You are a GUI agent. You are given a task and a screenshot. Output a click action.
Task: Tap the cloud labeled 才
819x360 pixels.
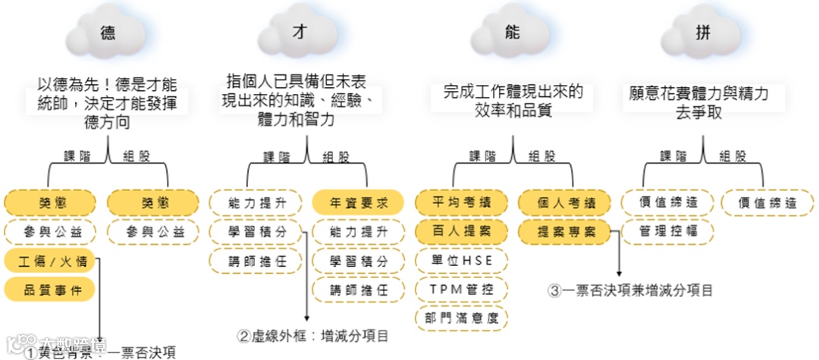click(299, 32)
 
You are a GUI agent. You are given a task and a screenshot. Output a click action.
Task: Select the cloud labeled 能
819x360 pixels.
click(513, 32)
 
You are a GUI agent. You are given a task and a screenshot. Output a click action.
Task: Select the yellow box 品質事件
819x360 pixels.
click(50, 289)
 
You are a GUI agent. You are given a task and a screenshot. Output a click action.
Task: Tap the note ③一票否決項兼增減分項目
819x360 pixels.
click(632, 290)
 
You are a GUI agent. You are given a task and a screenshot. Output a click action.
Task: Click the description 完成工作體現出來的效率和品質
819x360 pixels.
click(513, 101)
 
